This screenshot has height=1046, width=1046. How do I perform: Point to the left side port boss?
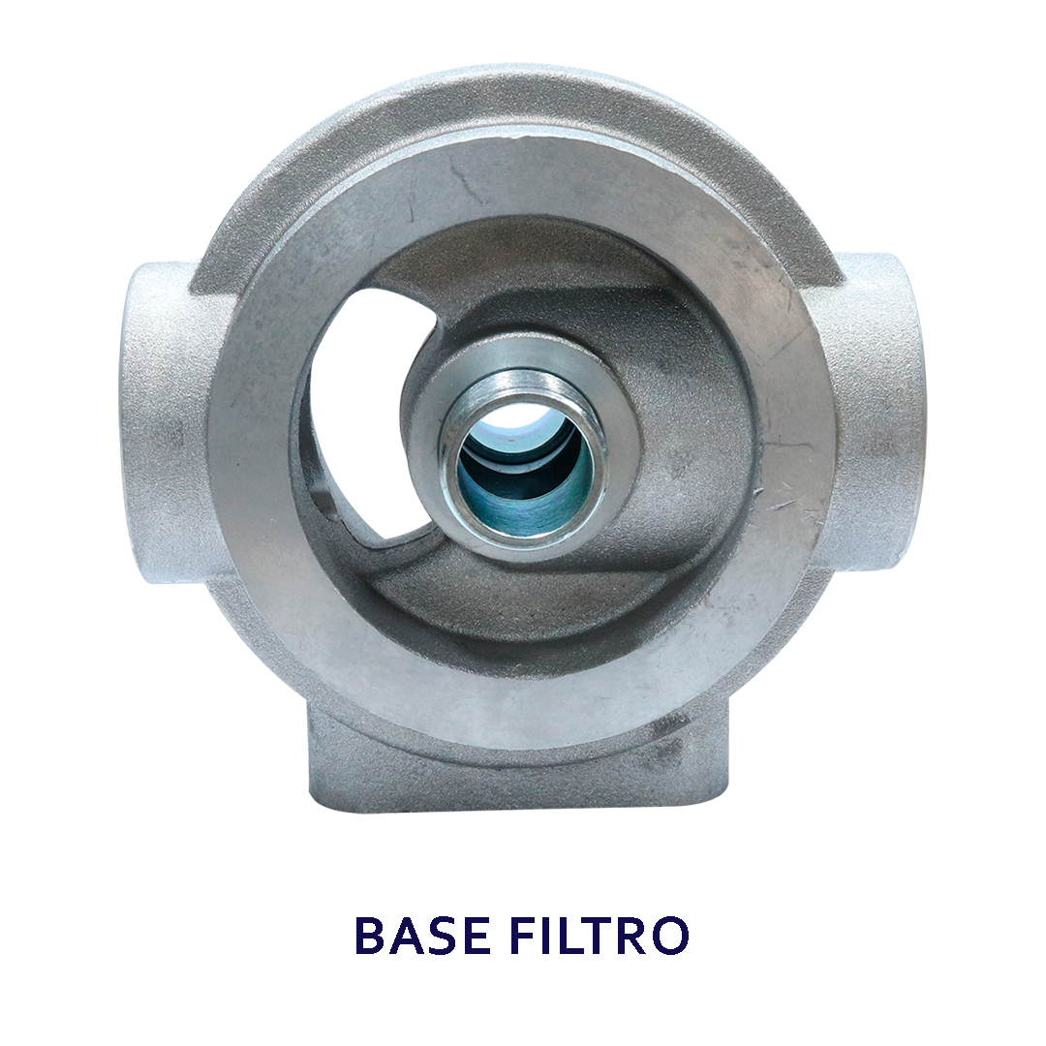tap(167, 421)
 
